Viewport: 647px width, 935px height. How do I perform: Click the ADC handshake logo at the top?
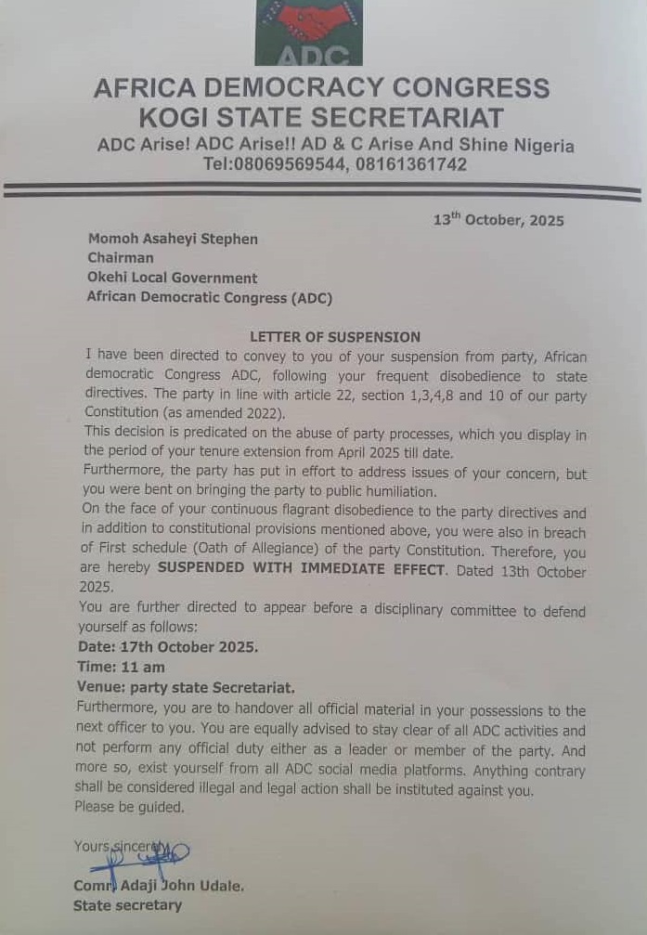coord(309,32)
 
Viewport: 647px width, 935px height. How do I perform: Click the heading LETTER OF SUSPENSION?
coord(335,337)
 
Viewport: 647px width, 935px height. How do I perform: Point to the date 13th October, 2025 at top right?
coord(498,221)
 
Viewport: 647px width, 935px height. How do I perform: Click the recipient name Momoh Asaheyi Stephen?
coord(173,239)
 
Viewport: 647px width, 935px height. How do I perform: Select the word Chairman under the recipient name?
coord(121,258)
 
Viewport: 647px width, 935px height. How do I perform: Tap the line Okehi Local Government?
coord(172,278)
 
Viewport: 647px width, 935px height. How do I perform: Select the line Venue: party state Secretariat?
coord(186,688)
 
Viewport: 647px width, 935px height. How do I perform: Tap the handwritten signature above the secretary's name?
coord(139,855)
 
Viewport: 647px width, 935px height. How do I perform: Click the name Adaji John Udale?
coord(184,886)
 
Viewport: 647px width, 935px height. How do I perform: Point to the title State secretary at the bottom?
coord(128,905)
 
